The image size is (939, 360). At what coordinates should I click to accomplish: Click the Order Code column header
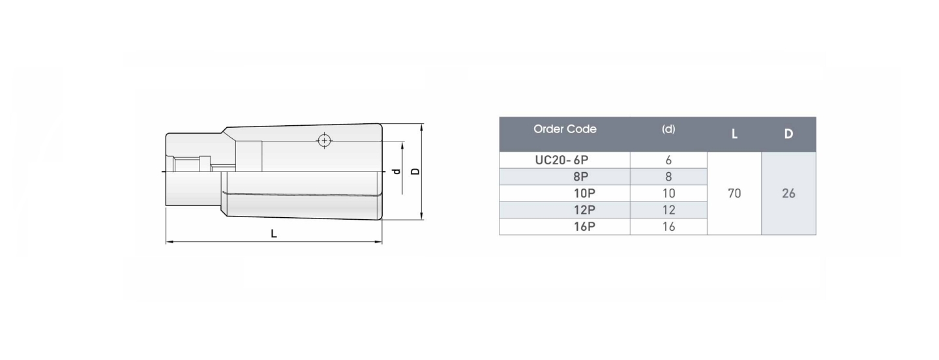(x=565, y=129)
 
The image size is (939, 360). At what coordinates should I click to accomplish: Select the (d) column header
(x=668, y=129)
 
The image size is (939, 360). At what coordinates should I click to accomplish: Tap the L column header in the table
(x=734, y=134)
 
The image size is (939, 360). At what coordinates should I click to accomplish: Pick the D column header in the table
(x=788, y=134)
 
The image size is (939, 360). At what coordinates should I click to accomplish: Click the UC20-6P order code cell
(x=561, y=160)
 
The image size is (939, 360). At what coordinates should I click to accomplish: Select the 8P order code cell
(x=580, y=177)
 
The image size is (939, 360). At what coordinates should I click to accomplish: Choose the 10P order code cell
(x=584, y=193)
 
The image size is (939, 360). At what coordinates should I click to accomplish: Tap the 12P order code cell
(x=584, y=210)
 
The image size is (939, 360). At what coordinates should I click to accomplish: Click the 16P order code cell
(x=584, y=227)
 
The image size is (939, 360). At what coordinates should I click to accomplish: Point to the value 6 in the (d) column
(x=668, y=160)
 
